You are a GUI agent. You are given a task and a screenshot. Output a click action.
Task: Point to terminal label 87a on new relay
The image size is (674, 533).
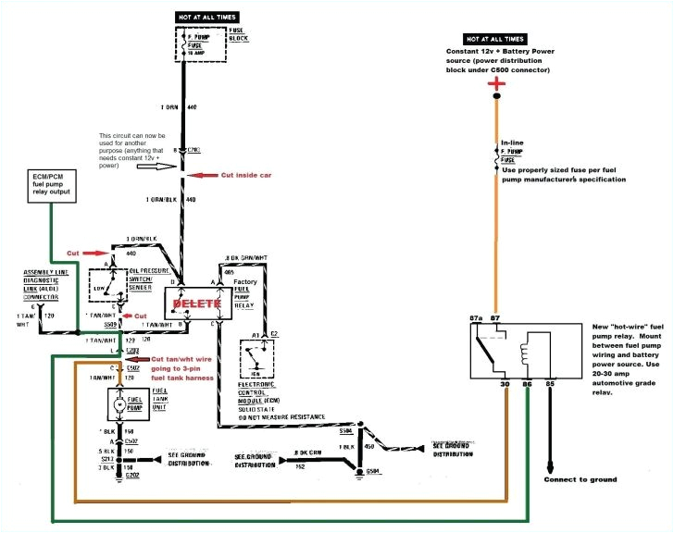click(x=478, y=318)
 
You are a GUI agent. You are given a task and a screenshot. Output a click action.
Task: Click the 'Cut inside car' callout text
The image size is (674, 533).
click(x=241, y=175)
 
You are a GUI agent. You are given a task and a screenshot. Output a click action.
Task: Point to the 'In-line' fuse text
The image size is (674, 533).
click(x=512, y=142)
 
